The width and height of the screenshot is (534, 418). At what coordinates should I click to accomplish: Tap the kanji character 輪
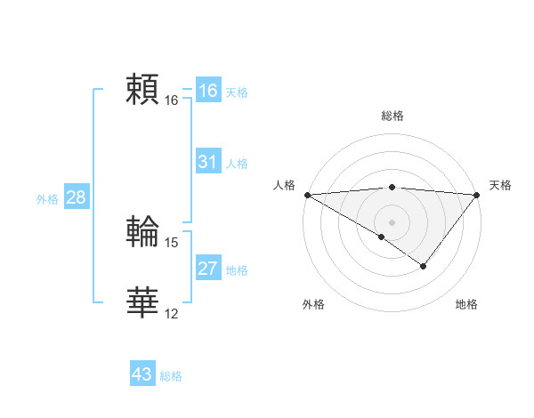[x=142, y=231]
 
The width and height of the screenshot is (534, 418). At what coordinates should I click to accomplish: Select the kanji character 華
[x=142, y=302]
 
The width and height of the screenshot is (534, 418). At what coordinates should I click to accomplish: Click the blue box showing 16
[x=208, y=91]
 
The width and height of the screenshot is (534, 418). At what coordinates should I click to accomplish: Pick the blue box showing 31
[x=208, y=162]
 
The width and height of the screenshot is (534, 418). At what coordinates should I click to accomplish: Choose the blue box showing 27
[x=208, y=269]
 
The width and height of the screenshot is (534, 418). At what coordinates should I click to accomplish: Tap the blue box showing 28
[x=76, y=197]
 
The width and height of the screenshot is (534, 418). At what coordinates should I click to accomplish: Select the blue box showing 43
[x=142, y=374]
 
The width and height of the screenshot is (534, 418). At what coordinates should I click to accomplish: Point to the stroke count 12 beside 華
[x=172, y=314]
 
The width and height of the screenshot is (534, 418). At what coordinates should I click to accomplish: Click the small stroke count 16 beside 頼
[x=172, y=100]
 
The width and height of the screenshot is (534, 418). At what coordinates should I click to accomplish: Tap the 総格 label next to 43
[x=171, y=376]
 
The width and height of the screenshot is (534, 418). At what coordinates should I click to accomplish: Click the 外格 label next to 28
[x=47, y=199]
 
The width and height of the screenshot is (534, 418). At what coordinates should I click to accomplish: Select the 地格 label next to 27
[x=237, y=270]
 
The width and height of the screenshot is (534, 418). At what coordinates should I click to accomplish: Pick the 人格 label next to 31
[x=237, y=164]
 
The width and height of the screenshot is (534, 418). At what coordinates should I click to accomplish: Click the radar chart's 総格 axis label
[x=392, y=116]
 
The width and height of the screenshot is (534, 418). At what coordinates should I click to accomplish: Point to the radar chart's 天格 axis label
[x=500, y=185]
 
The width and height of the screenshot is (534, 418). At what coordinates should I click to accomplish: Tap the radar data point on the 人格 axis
[x=307, y=195]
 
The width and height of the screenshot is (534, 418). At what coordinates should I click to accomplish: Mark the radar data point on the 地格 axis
[x=424, y=266]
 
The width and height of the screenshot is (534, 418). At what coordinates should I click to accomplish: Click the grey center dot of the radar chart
[x=392, y=221]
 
